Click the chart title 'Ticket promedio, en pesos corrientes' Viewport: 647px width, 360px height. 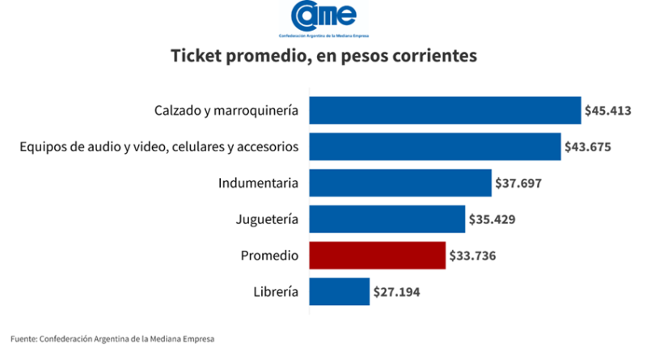click(323, 57)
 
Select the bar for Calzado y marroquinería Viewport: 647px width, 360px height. click(444, 110)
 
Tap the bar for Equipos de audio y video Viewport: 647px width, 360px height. click(433, 146)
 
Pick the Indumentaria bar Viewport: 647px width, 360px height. click(400, 183)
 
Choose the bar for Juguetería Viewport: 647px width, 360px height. click(386, 219)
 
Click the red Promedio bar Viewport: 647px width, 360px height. click(376, 256)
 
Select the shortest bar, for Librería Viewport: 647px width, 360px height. click(338, 291)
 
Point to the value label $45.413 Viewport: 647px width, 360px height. click(611, 110)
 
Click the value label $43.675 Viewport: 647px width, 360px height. click(590, 147)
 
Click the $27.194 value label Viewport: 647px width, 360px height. click(398, 292)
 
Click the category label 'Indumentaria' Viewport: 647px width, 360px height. click(259, 183)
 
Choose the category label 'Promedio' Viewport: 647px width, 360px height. click(270, 256)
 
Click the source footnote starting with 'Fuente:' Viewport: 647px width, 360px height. click(113, 338)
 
